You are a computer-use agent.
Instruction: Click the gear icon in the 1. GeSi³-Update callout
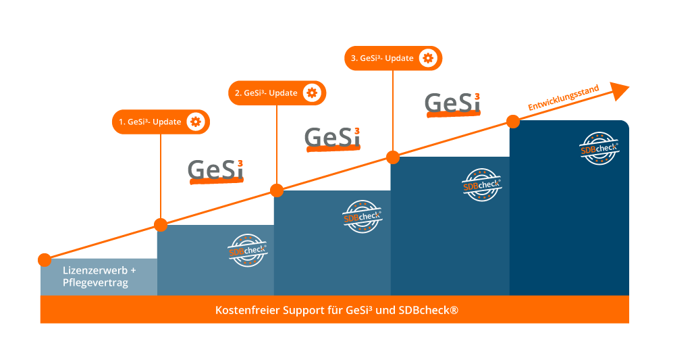[196, 122]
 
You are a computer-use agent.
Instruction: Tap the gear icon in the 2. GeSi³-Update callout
[311, 93]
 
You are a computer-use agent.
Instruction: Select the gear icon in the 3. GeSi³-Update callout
[427, 58]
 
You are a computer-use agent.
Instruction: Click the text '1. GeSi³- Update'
[151, 122]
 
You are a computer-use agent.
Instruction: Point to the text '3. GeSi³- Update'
[382, 58]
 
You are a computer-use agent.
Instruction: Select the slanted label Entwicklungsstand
[563, 98]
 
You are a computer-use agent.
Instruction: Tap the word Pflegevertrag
[95, 283]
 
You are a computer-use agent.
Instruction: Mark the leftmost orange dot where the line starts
[45, 260]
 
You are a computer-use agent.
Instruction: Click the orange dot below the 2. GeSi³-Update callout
[277, 190]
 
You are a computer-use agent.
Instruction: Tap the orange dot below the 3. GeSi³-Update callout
[393, 157]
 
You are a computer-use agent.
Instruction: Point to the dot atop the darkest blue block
[513, 122]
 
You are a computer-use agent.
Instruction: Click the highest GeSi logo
[452, 103]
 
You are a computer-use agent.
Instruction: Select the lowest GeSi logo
[215, 170]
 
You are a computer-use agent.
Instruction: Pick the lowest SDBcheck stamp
[248, 251]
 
